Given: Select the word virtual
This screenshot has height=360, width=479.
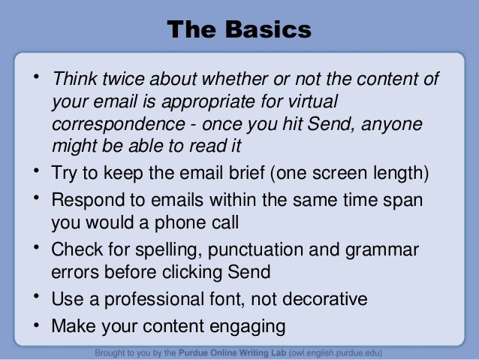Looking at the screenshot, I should point(311,102).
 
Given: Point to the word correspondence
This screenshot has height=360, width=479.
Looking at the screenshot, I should point(110,123).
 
